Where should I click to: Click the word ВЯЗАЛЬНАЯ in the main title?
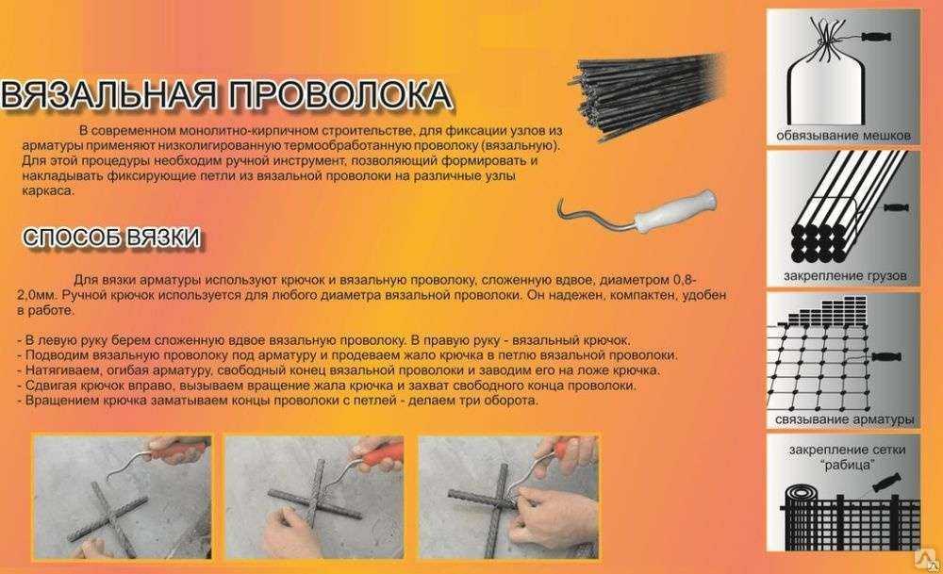(108, 95)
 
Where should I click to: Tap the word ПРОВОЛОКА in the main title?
(341, 95)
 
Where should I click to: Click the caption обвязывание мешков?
(843, 135)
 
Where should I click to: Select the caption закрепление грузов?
(844, 276)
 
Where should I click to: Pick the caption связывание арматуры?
(844, 418)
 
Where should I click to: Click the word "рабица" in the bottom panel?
(848, 465)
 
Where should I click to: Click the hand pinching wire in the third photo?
(544, 508)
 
